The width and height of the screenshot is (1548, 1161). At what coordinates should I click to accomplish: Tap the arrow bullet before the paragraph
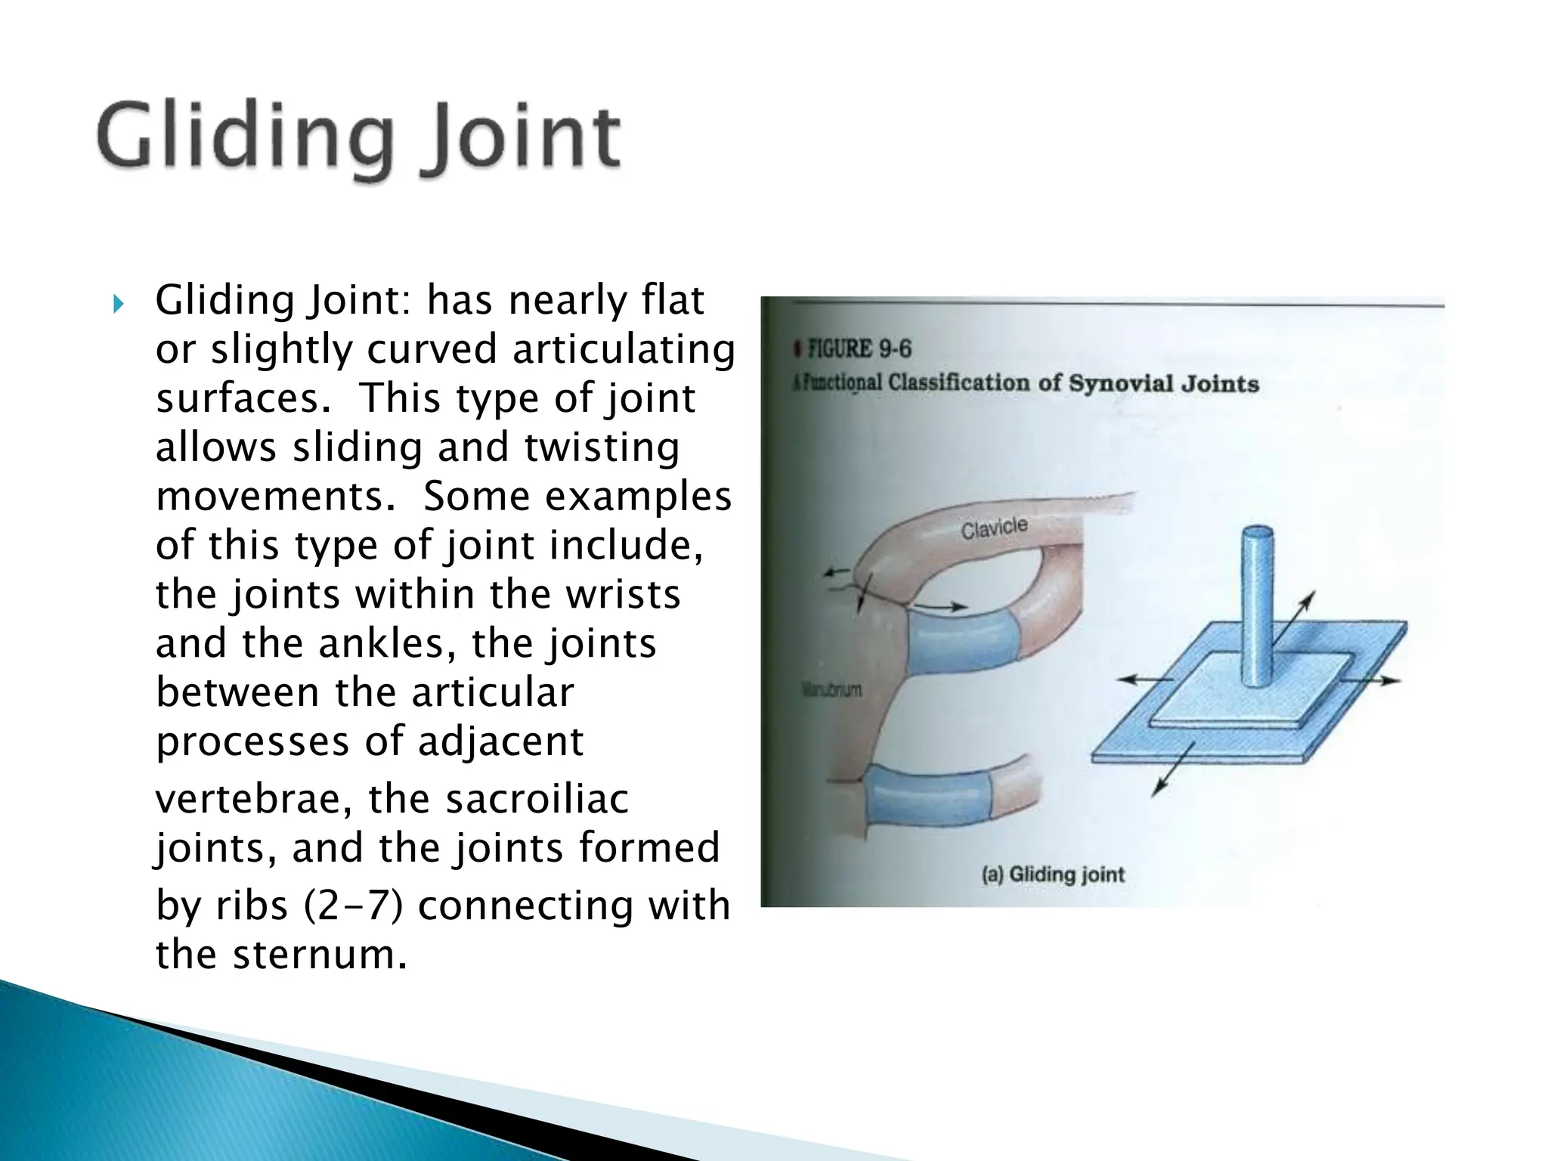117,305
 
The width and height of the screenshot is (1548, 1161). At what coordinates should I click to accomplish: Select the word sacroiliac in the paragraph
536,799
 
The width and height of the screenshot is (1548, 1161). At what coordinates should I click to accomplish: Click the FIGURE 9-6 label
859,349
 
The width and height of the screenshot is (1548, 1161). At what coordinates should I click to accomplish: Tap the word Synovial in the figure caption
1119,383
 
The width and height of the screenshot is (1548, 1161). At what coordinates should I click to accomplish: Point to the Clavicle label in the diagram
994,528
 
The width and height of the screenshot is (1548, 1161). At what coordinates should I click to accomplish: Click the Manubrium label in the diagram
831,689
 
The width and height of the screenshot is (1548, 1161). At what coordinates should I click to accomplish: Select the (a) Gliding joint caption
1053,875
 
